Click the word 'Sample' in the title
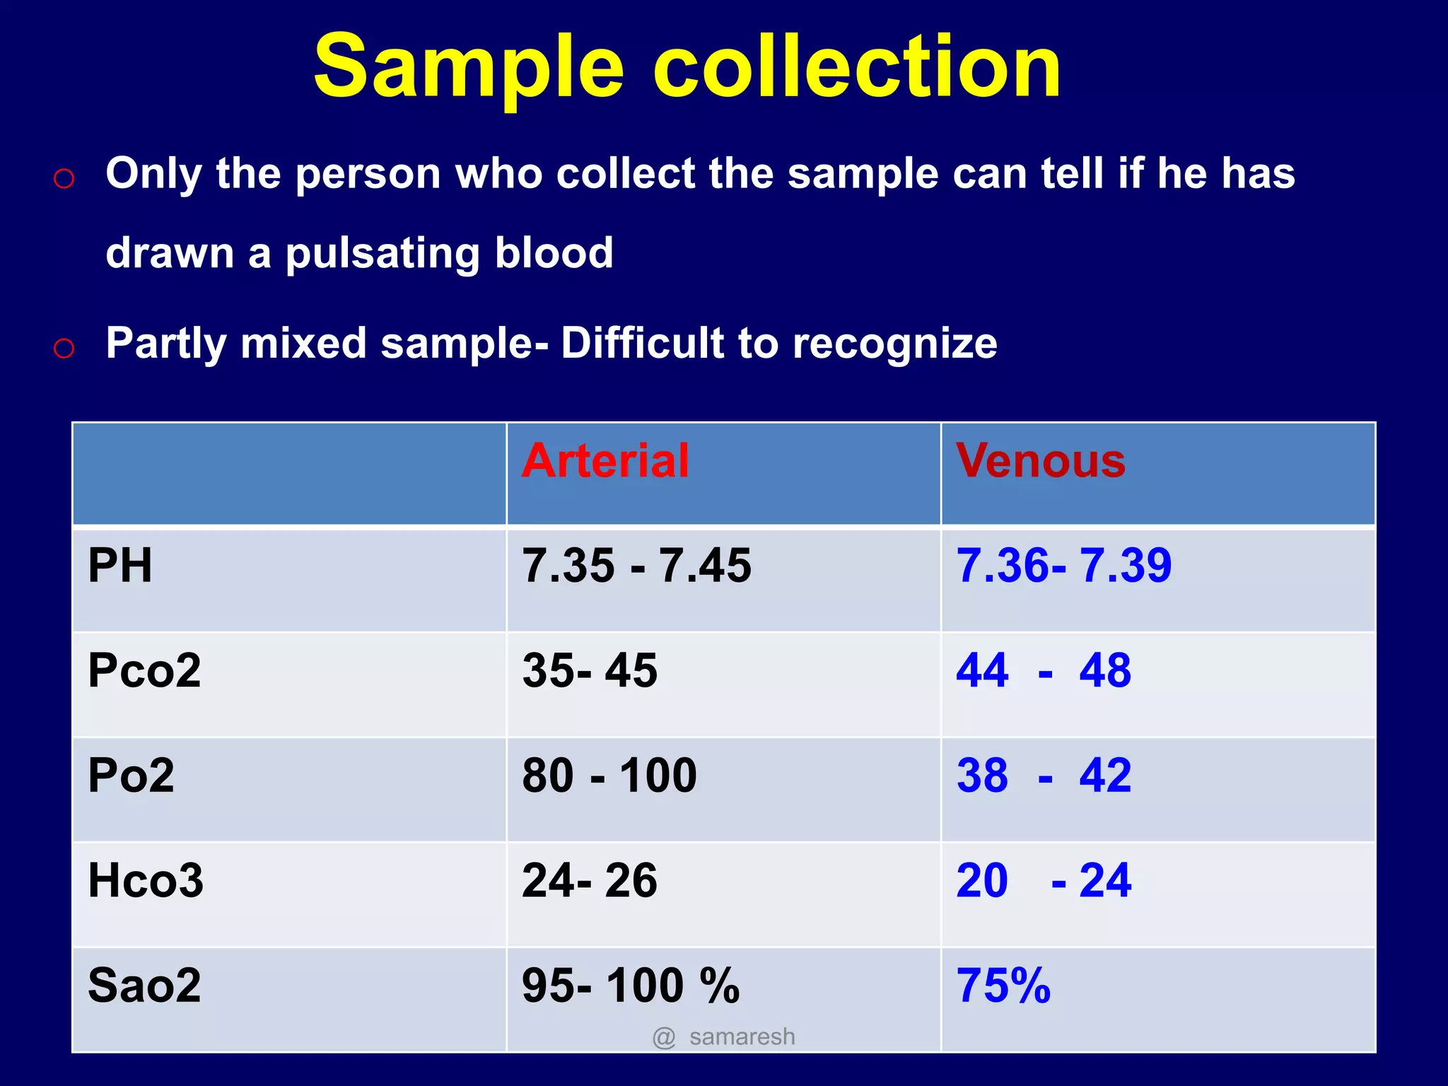(x=469, y=67)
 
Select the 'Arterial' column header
(x=605, y=461)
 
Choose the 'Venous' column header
(x=1040, y=461)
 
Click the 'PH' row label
(x=119, y=566)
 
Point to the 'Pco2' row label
(x=144, y=670)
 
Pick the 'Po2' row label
(x=131, y=775)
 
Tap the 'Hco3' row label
(x=146, y=881)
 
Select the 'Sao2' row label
(x=144, y=986)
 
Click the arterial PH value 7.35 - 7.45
(x=636, y=566)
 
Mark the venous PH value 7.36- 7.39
(x=1063, y=566)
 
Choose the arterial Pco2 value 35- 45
(x=590, y=670)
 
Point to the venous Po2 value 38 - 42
(x=1044, y=775)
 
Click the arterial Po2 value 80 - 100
(x=609, y=775)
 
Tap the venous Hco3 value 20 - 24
(x=1044, y=881)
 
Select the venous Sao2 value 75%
(x=1003, y=986)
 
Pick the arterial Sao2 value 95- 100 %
(x=631, y=986)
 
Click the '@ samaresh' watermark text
(x=723, y=1037)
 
